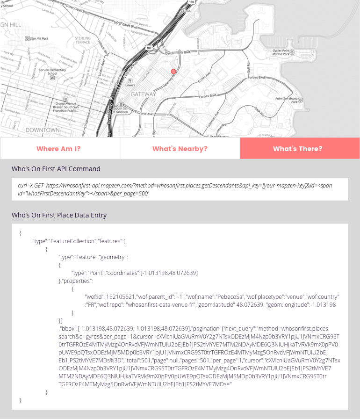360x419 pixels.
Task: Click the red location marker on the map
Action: pos(173,72)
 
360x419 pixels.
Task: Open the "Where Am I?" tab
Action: pos(58,149)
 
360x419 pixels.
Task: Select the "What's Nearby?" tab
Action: pos(180,149)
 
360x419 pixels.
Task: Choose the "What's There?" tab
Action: pos(298,149)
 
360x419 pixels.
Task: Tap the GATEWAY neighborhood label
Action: pos(144,94)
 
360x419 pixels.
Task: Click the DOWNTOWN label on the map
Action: pos(43,130)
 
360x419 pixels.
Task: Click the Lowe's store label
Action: pos(130,85)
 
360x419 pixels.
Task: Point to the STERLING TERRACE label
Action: pos(83,40)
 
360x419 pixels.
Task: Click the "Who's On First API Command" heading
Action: pos(56,169)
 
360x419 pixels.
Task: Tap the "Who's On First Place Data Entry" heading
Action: pos(59,215)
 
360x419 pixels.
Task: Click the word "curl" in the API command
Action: pos(22,186)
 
